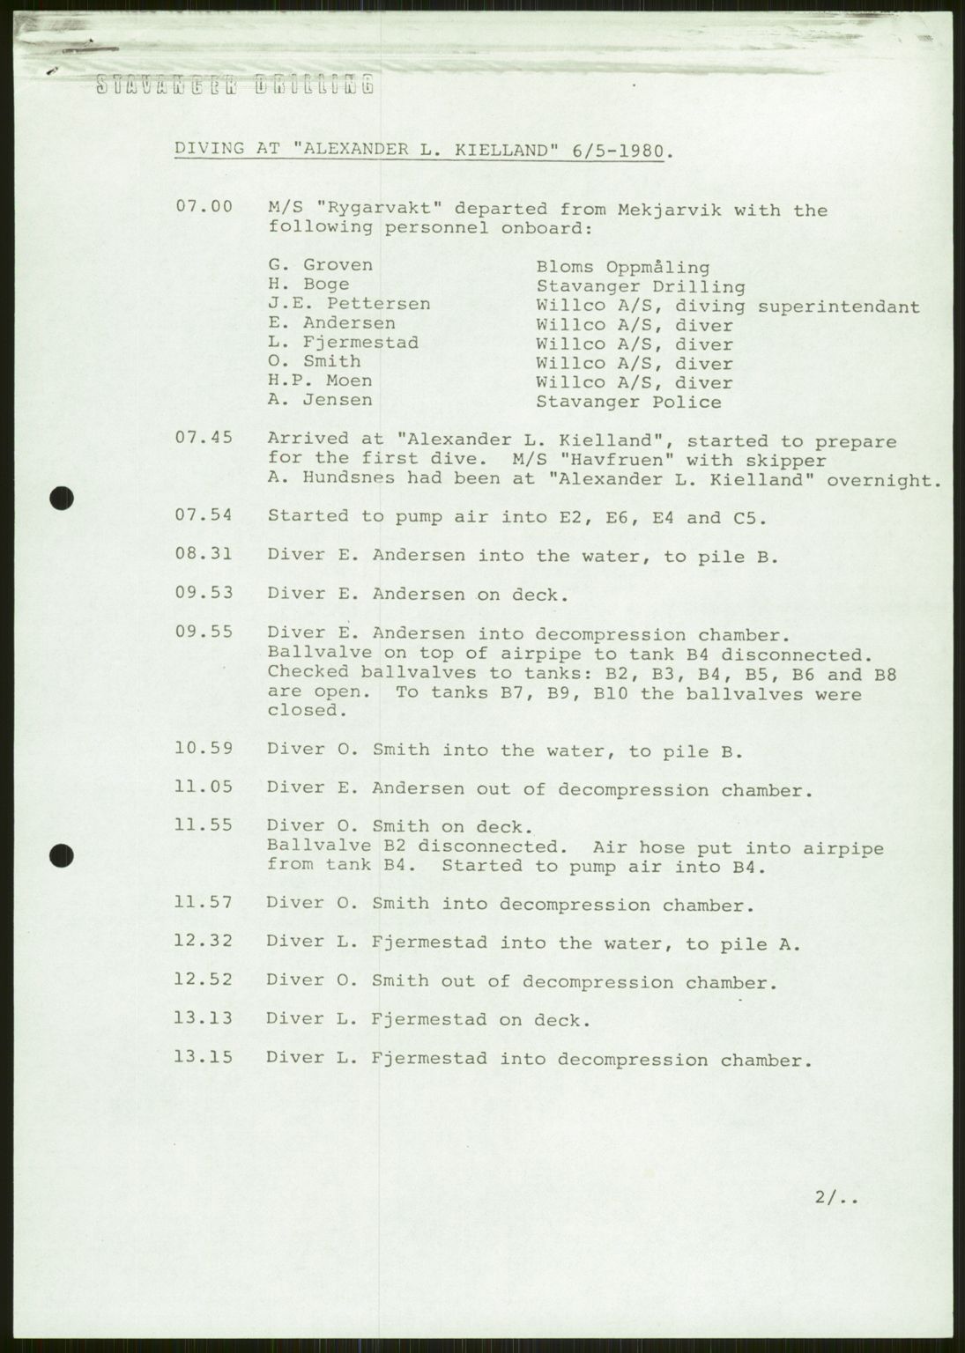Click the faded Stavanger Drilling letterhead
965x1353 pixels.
(234, 85)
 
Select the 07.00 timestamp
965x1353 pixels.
(204, 207)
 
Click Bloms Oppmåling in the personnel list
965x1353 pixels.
(622, 267)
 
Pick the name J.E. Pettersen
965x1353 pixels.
(349, 304)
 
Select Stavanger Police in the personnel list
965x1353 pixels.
(628, 403)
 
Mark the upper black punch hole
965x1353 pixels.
(60, 499)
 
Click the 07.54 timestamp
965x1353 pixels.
(204, 516)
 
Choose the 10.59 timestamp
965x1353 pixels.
(204, 749)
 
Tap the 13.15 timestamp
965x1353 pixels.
(204, 1056)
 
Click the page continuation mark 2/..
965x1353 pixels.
(835, 1196)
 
